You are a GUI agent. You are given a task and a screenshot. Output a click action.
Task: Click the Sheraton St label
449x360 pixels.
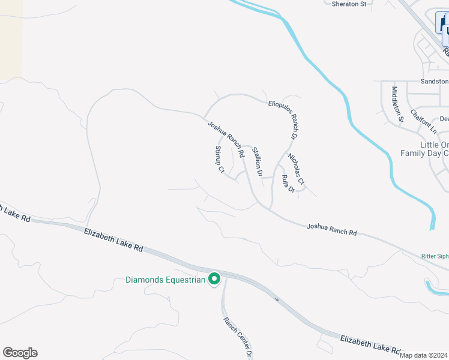(349, 4)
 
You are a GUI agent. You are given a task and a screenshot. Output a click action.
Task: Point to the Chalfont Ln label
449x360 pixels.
(424, 121)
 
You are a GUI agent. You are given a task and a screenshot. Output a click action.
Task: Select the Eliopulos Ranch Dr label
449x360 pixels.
(283, 120)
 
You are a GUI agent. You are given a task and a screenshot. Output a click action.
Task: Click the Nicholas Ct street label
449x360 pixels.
(296, 169)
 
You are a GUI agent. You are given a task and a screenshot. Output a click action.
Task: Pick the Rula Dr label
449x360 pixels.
(287, 183)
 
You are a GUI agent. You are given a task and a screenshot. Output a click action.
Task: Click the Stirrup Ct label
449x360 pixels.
(219, 160)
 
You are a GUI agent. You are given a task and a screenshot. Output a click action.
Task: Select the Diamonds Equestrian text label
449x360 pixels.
(165, 280)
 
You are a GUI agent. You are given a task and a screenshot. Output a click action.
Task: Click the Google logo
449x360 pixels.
(20, 353)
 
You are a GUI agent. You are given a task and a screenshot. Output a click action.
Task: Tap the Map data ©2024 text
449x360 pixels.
(423, 355)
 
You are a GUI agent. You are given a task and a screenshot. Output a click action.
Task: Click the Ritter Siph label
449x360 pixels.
(435, 256)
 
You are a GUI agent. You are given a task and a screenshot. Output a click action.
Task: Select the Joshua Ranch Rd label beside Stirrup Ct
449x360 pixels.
(226, 139)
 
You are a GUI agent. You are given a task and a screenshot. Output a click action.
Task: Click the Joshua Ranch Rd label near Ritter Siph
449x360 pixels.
(331, 229)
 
